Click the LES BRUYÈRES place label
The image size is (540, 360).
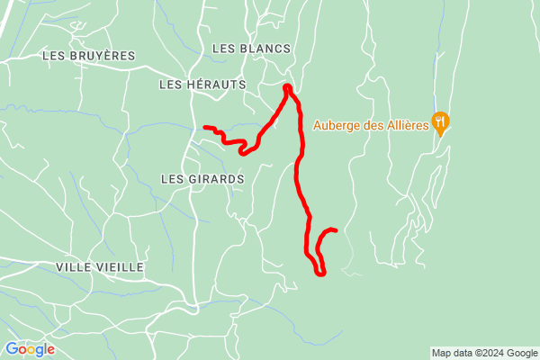tap(88, 56)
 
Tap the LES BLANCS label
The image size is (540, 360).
tap(251, 48)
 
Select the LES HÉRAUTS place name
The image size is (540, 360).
tap(202, 84)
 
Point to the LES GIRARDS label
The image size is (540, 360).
tap(202, 179)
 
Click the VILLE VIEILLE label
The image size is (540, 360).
tap(100, 267)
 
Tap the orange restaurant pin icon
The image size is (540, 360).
tap(440, 122)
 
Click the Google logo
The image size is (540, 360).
tap(30, 349)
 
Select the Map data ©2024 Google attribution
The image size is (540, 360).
tap(483, 352)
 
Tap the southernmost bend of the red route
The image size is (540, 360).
tap(321, 273)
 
